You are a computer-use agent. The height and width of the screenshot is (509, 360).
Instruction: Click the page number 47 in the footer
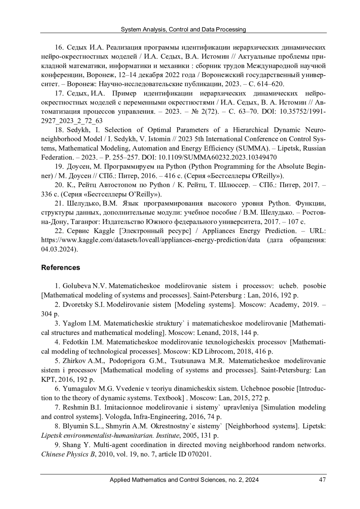[322, 480]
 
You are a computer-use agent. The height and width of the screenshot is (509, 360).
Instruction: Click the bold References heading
[61, 267]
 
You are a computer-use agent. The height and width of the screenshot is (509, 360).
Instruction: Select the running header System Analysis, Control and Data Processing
[183, 29]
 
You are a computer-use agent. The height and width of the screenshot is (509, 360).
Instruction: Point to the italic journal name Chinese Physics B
[67, 454]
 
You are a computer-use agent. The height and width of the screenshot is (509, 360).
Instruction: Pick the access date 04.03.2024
[58, 249]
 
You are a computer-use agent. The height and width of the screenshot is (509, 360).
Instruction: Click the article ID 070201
[199, 454]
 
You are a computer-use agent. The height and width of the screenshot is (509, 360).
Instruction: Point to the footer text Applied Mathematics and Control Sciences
[167, 480]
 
